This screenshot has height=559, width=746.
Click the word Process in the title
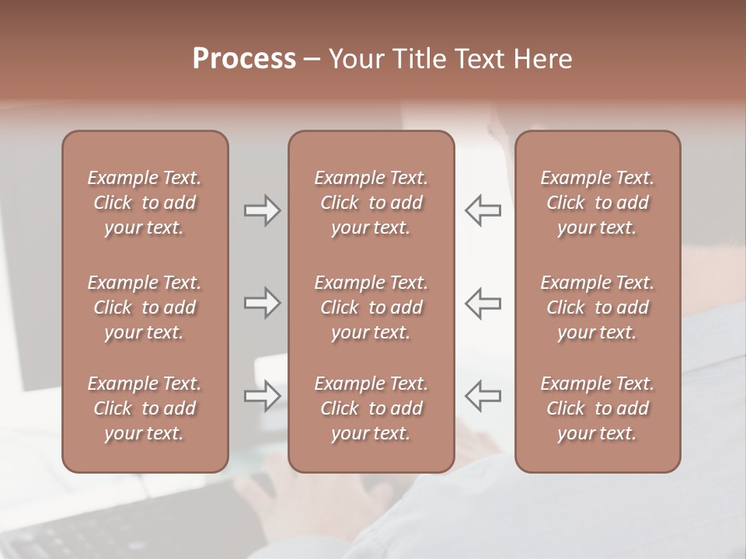click(244, 59)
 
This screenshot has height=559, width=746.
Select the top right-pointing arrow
click(262, 210)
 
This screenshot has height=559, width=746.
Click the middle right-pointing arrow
click(262, 303)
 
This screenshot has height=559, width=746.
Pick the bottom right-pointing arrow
click(262, 396)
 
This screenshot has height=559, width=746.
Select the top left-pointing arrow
click(483, 210)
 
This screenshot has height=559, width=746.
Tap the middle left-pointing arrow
click(483, 303)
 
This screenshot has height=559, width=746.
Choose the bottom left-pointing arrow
click(483, 396)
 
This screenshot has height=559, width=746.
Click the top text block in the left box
click(145, 203)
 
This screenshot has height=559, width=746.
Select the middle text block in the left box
click(145, 307)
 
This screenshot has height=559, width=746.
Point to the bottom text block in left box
click(145, 408)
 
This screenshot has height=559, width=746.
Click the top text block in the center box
click(371, 203)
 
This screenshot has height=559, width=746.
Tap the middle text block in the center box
click(371, 307)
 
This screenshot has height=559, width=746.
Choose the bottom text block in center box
click(371, 408)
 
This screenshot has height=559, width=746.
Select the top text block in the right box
click(598, 203)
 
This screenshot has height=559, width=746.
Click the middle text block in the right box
click(598, 307)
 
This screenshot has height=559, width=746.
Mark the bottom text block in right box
click(598, 408)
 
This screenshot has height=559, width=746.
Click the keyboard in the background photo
click(93, 528)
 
